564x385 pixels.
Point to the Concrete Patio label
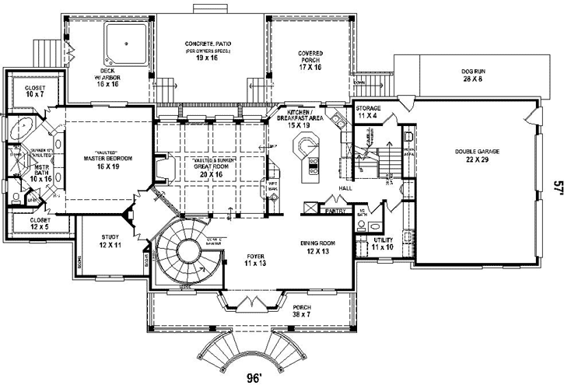211,49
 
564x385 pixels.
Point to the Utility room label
384,244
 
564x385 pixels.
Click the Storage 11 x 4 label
368,111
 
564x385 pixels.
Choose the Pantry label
335,210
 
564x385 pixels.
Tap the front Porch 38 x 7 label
302,311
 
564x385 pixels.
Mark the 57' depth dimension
557,187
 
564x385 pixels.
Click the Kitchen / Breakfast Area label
300,119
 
